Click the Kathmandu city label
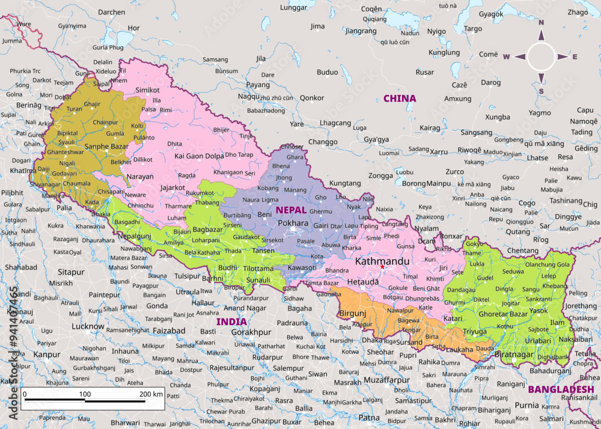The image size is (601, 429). [x=382, y=261]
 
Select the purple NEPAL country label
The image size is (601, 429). [x=291, y=210]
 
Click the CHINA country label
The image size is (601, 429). [x=400, y=98]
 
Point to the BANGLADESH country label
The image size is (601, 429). [x=561, y=389]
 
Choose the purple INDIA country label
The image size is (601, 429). [x=231, y=321]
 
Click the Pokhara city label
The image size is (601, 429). [x=293, y=223]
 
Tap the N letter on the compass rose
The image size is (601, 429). [x=541, y=23]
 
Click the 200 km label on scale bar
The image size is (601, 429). [x=151, y=394]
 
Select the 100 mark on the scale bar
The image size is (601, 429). [x=85, y=394]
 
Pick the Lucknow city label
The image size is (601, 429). [x=88, y=326]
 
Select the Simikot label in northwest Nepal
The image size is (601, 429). [x=147, y=90]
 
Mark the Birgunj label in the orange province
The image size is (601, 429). [x=353, y=313]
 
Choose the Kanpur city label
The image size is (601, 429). [x=46, y=354]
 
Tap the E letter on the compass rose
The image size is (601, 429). [x=575, y=57]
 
